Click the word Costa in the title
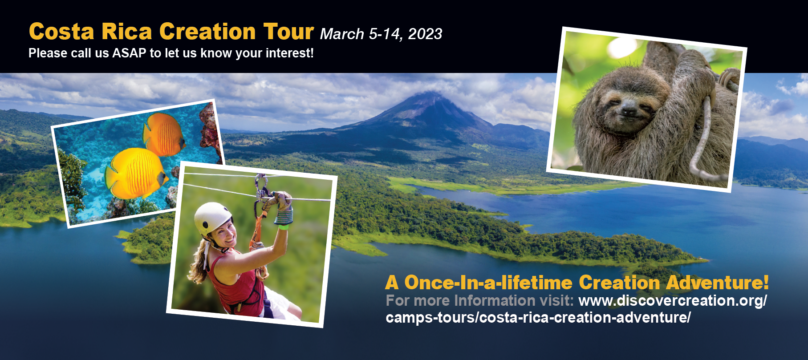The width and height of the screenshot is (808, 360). pyautogui.click(x=61, y=32)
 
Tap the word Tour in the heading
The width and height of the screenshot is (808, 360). pyautogui.click(x=288, y=32)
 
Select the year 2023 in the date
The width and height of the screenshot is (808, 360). pyautogui.click(x=425, y=34)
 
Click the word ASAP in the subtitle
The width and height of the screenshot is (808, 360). pyautogui.click(x=129, y=53)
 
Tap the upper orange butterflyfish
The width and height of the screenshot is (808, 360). pyautogui.click(x=163, y=134)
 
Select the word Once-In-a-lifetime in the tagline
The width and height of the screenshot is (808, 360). pyautogui.click(x=488, y=283)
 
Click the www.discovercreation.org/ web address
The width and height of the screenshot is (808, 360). pyautogui.click(x=673, y=300)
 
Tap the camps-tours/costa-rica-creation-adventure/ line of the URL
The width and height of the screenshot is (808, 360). pyautogui.click(x=538, y=318)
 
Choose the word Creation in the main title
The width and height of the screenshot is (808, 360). pyautogui.click(x=207, y=32)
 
